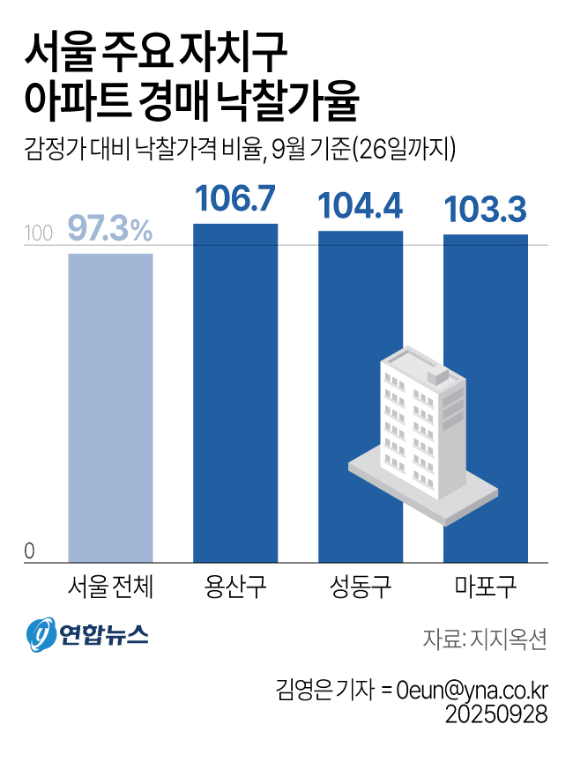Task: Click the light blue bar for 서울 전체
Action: pos(110,407)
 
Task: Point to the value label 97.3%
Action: pos(110,231)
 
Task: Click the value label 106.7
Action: pos(235,200)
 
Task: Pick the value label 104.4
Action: pos(360,207)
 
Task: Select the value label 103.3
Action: pos(485,211)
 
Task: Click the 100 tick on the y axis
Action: pos(39,234)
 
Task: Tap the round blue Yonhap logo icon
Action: pos(40,634)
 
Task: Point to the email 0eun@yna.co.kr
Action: pos(473,688)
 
